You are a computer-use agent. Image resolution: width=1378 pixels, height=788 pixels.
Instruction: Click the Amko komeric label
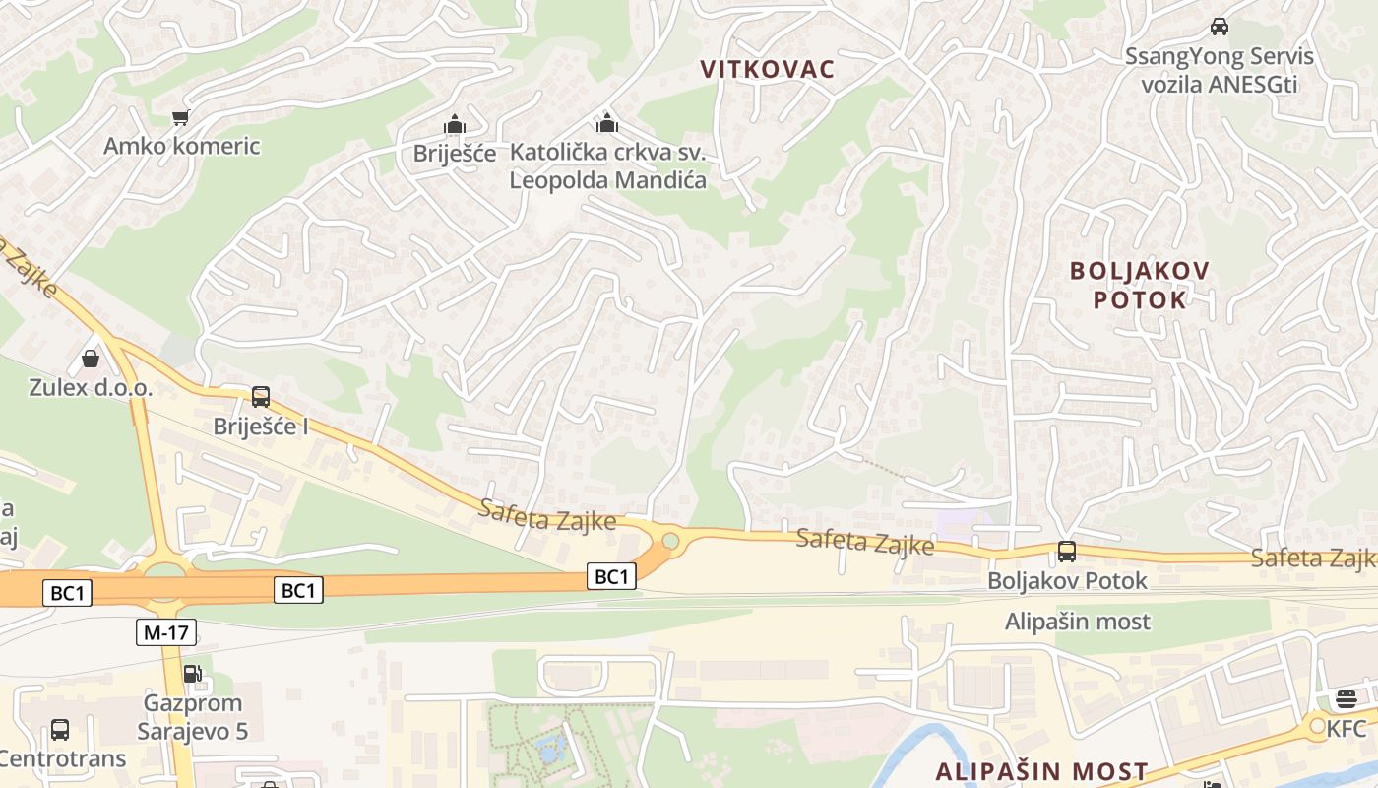[182, 146]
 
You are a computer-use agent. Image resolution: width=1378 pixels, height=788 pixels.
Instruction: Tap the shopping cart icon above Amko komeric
[180, 118]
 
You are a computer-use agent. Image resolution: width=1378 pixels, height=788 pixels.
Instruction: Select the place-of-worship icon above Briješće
[454, 125]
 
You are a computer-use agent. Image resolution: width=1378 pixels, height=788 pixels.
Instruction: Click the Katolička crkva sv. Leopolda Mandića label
[607, 166]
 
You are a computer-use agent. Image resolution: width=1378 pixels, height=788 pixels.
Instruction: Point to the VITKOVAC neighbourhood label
[768, 69]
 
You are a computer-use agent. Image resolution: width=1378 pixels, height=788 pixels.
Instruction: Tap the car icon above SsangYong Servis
[1220, 27]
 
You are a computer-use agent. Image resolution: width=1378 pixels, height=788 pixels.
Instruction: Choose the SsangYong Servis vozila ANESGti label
[1220, 70]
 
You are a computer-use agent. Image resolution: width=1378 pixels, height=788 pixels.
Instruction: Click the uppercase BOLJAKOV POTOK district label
[1141, 285]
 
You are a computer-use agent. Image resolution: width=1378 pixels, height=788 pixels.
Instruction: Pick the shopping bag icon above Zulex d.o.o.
[91, 359]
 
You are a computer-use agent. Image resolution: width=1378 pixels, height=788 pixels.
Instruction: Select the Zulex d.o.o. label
[91, 387]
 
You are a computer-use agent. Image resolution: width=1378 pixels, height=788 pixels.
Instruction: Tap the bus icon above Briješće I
[261, 397]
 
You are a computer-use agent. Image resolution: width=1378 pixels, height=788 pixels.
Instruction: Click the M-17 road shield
[165, 632]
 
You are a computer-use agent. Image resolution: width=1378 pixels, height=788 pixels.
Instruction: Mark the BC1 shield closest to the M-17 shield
[69, 593]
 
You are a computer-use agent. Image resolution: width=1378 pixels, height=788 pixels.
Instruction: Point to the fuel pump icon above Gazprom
[192, 675]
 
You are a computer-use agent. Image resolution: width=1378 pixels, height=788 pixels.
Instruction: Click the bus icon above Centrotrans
[60, 730]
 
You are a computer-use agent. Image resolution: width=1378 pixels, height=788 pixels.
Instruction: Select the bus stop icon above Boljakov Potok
[1067, 552]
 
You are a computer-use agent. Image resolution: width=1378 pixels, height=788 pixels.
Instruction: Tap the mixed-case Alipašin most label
[1077, 622]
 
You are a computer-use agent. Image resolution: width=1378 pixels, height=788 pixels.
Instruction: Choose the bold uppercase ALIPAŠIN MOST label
[1041, 771]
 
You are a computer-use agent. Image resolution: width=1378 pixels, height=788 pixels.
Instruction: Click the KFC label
[1347, 729]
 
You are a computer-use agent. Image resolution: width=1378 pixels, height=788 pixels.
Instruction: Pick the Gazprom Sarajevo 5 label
[192, 717]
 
